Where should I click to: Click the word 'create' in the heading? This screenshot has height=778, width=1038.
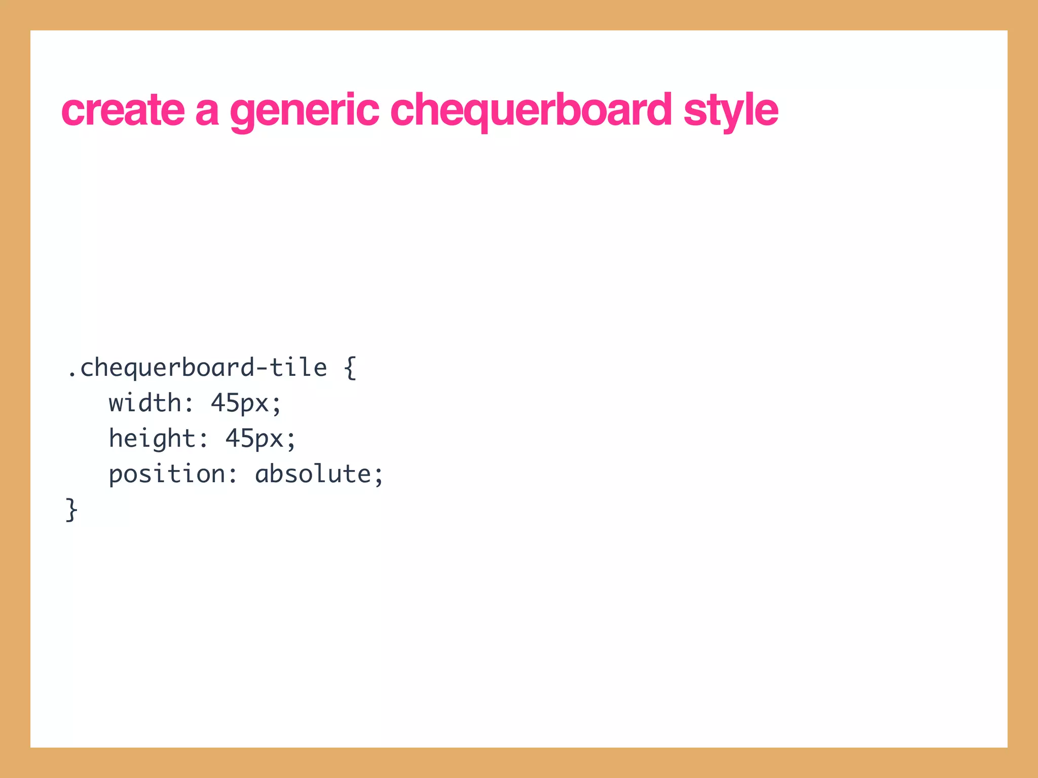click(x=123, y=110)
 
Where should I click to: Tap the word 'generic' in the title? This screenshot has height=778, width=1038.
click(x=304, y=110)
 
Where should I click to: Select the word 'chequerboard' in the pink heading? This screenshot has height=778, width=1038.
click(x=531, y=110)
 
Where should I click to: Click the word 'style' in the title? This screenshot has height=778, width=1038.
click(x=730, y=110)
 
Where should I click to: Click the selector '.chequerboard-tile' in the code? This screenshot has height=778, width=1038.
click(x=197, y=368)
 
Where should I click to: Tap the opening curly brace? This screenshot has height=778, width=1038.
click(x=350, y=368)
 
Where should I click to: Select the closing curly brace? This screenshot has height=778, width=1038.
click(x=72, y=510)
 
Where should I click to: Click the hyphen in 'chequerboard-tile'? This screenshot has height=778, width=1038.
click(x=262, y=369)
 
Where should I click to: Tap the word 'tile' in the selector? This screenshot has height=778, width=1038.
click(x=298, y=368)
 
